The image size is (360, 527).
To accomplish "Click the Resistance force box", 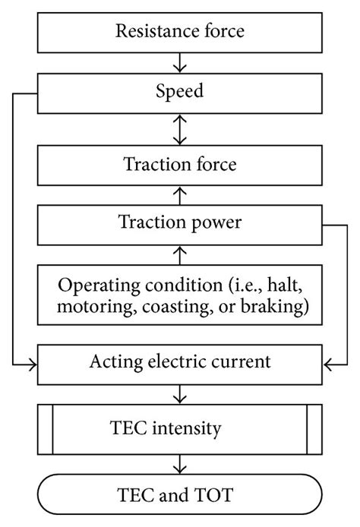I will [179, 31].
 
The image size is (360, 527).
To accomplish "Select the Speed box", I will [179, 93].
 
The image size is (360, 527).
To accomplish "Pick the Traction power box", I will [179, 223].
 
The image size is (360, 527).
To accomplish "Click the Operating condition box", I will [179, 294].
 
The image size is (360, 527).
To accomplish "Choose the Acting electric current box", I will [179, 362].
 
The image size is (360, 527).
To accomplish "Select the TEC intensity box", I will [179, 428].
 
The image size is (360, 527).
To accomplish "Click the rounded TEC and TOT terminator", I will [179, 495].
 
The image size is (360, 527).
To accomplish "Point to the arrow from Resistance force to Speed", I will [180, 62].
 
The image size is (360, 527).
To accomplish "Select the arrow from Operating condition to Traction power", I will [180, 254].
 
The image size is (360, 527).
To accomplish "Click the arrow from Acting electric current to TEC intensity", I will [180, 395].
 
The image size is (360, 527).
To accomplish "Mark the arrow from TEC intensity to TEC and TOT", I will [180, 462].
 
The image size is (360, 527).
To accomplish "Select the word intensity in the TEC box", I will [195, 428].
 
